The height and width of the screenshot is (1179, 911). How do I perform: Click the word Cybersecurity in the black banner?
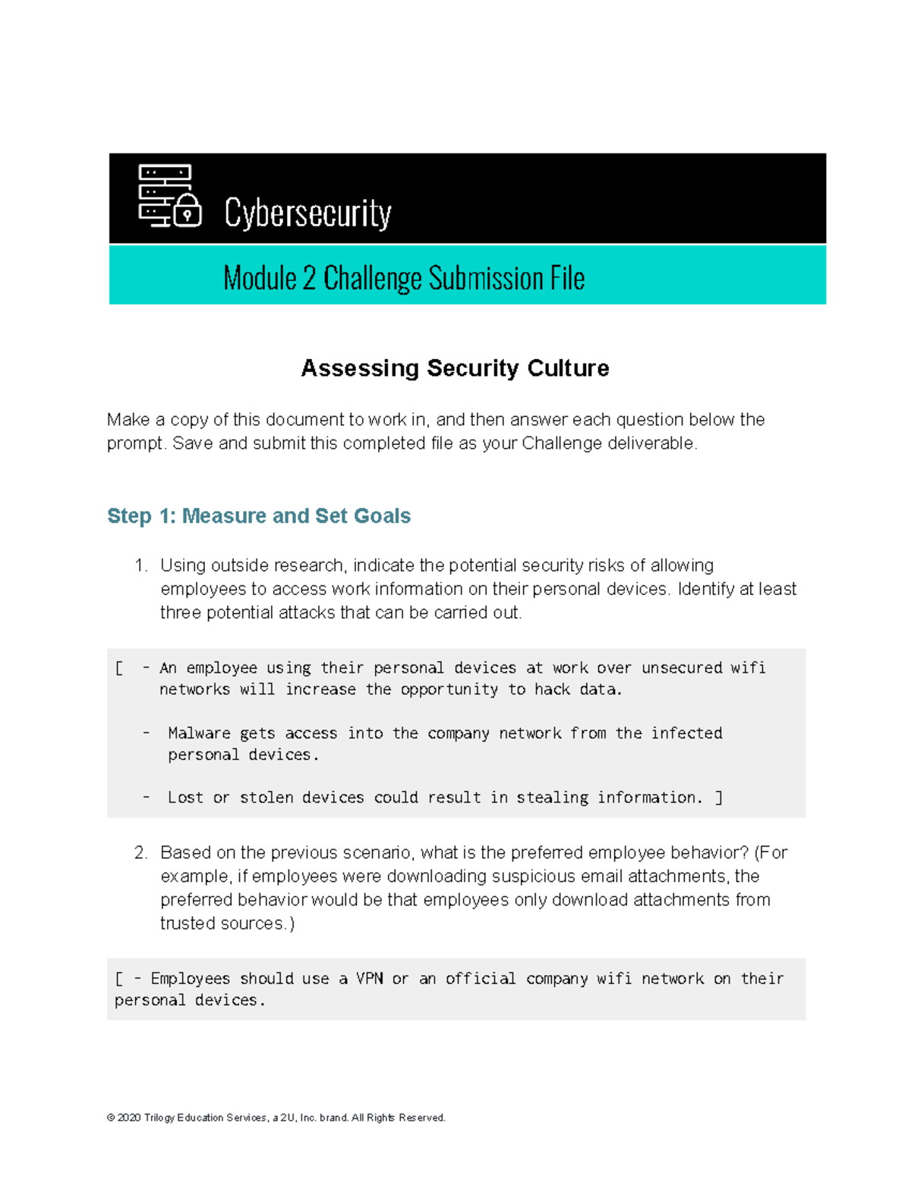[x=307, y=213]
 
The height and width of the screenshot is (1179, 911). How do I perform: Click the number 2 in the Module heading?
[x=308, y=279]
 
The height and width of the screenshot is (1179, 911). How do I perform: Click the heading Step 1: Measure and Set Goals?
[x=259, y=516]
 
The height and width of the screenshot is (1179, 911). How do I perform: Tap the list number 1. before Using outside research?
[x=140, y=566]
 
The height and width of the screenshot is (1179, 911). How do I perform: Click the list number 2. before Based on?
[x=140, y=853]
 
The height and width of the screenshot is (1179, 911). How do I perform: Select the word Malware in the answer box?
[x=199, y=733]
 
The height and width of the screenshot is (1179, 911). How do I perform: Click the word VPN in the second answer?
[x=370, y=979]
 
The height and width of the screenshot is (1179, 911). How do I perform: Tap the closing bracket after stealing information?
[x=719, y=798]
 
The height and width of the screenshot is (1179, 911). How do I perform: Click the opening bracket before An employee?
[x=119, y=668]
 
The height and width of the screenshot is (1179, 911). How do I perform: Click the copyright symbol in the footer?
[x=111, y=1118]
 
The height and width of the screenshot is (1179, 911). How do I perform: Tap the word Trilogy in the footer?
[x=159, y=1118]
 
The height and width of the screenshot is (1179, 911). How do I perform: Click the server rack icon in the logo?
[x=162, y=194]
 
